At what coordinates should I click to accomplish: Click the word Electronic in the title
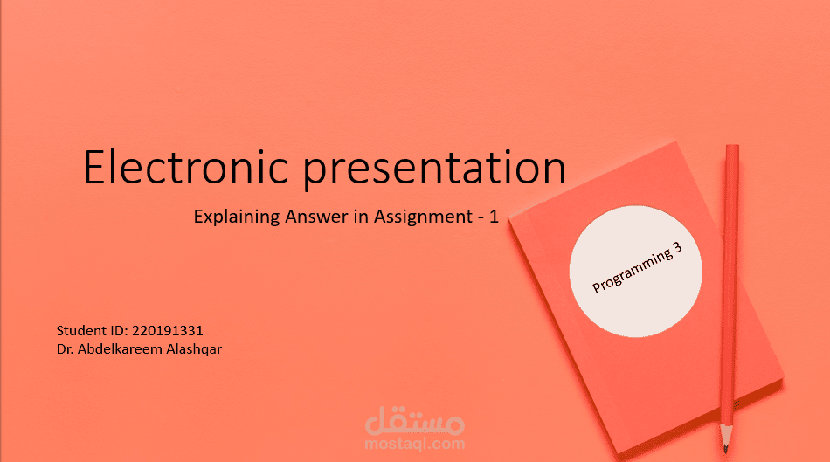click(x=185, y=167)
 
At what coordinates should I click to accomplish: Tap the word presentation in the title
click(x=434, y=169)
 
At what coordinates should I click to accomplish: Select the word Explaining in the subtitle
click(x=236, y=217)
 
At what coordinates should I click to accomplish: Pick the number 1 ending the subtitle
click(x=494, y=217)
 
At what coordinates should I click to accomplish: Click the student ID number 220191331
click(x=167, y=331)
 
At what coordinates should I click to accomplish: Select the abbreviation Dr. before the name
click(x=66, y=349)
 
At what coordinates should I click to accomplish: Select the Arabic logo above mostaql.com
click(x=415, y=421)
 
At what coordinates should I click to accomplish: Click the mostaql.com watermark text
click(x=415, y=444)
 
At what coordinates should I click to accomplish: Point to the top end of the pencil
click(x=732, y=146)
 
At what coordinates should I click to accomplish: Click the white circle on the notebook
click(x=636, y=272)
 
